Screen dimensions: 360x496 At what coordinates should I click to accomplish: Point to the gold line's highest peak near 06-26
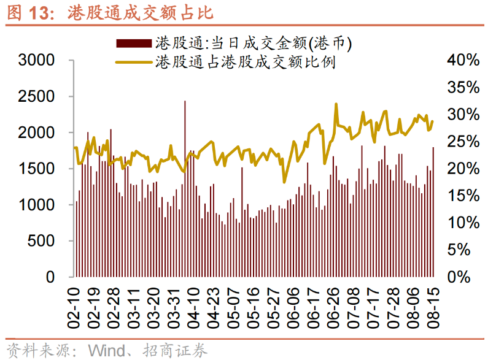pos(336,104)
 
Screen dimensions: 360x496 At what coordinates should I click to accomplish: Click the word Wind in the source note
pos(109,350)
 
